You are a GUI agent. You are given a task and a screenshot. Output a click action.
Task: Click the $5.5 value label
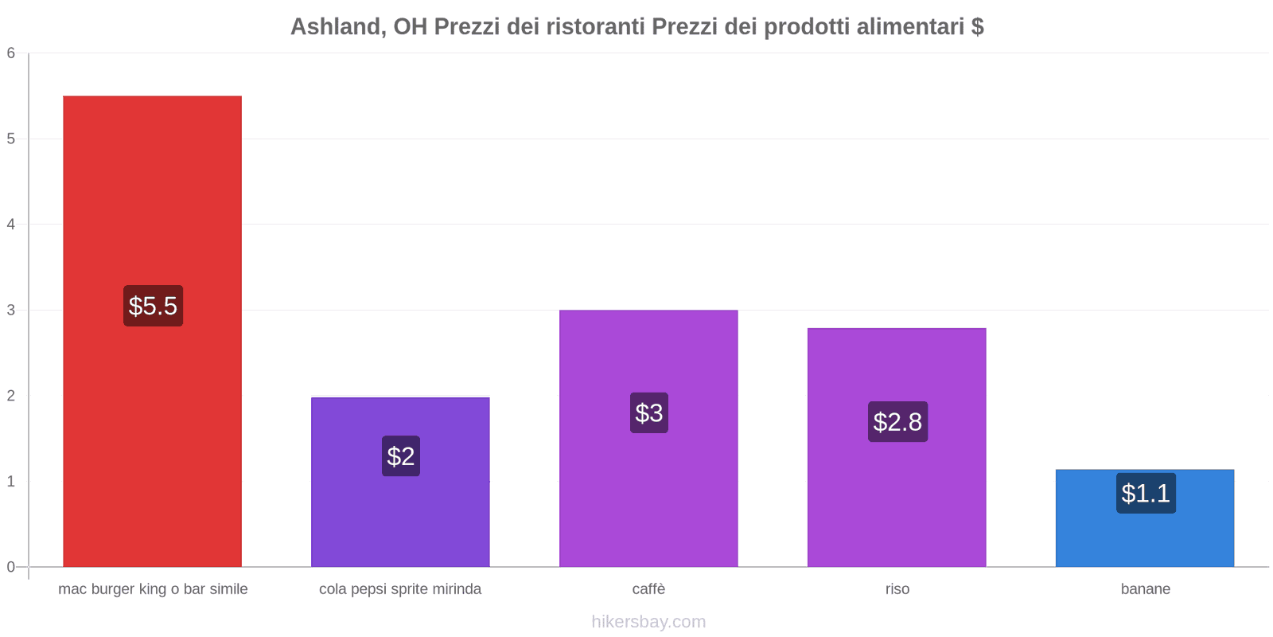pyautogui.click(x=153, y=306)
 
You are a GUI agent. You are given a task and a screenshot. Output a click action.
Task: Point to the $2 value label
pyautogui.click(x=401, y=456)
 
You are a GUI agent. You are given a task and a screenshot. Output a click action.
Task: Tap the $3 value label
pyautogui.click(x=649, y=413)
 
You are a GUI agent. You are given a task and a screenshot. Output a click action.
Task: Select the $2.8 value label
pyautogui.click(x=897, y=422)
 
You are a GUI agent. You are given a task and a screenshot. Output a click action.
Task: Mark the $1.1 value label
pyautogui.click(x=1146, y=494)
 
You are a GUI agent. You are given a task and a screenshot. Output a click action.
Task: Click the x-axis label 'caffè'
pyautogui.click(x=648, y=589)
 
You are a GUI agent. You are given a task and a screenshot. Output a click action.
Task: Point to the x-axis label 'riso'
pyautogui.click(x=897, y=589)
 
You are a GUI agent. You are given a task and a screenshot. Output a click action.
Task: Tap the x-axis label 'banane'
pyautogui.click(x=1145, y=589)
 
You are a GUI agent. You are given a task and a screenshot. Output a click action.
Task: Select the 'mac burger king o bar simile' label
pyautogui.click(x=153, y=589)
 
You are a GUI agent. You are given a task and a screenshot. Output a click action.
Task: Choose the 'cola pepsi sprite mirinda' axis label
pyautogui.click(x=400, y=589)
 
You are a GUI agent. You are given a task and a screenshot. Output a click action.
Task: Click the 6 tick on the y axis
pyautogui.click(x=11, y=53)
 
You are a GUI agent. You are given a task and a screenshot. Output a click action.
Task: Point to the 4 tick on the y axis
pyautogui.click(x=11, y=225)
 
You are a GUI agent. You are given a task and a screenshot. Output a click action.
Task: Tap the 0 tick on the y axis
pyautogui.click(x=11, y=567)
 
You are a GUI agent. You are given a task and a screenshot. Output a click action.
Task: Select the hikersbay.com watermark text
pyautogui.click(x=648, y=622)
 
